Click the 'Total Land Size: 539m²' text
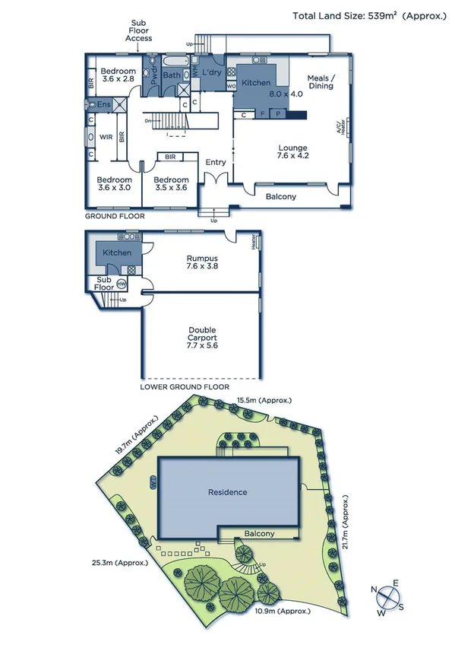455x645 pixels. pyautogui.click(x=368, y=15)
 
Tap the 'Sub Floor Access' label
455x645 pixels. pyautogui.click(x=139, y=30)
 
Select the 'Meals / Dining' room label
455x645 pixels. pyautogui.click(x=321, y=81)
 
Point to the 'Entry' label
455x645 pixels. pyautogui.click(x=216, y=162)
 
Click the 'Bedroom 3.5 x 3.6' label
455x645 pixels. pyautogui.click(x=170, y=183)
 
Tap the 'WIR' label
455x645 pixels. pyautogui.click(x=106, y=137)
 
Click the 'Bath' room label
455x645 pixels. pyautogui.click(x=171, y=75)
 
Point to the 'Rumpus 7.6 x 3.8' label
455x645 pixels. pyautogui.click(x=203, y=262)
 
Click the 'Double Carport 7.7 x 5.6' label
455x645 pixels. pyautogui.click(x=202, y=338)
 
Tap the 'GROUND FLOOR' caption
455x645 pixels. pyautogui.click(x=114, y=216)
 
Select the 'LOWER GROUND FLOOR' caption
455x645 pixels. pyautogui.click(x=185, y=386)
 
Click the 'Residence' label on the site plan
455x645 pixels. pyautogui.click(x=228, y=492)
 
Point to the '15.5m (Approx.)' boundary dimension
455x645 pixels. pyautogui.click(x=264, y=399)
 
